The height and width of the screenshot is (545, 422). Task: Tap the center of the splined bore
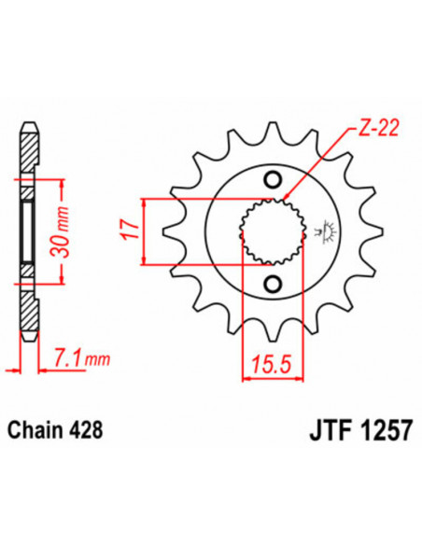pos(273,231)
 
